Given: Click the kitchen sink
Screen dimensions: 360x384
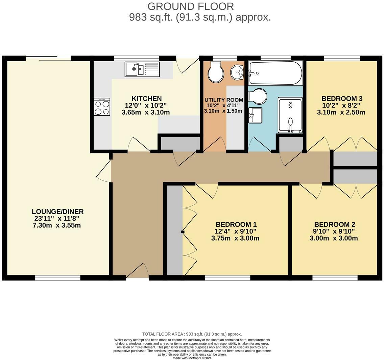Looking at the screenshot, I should click(x=142, y=69).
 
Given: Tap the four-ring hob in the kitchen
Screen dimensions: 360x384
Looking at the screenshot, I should click(x=102, y=107).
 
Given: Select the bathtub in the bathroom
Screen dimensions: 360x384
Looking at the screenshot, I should click(x=275, y=73).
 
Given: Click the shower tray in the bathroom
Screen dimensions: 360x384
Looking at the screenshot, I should click(x=290, y=115).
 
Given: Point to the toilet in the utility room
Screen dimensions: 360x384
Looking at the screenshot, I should click(x=216, y=72).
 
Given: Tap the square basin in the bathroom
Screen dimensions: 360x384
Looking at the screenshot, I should click(x=255, y=115).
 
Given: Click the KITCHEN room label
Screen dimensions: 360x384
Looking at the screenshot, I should click(x=146, y=99).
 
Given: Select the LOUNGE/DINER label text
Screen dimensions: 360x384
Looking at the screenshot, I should click(x=57, y=211).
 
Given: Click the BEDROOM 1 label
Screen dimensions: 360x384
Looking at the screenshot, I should click(x=236, y=224).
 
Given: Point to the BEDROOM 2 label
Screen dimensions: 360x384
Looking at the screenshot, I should click(x=334, y=224).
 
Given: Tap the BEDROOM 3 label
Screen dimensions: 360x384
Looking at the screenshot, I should click(x=342, y=98).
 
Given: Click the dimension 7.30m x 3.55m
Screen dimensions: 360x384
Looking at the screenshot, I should click(x=56, y=225).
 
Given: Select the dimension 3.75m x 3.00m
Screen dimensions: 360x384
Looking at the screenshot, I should click(x=235, y=238).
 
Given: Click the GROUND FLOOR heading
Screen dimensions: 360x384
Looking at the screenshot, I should click(x=191, y=6).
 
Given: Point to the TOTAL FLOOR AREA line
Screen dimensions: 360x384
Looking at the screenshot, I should click(x=192, y=334).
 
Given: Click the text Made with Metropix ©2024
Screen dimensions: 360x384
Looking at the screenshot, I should click(x=192, y=358).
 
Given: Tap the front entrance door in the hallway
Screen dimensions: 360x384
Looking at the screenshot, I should click(x=138, y=272).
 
